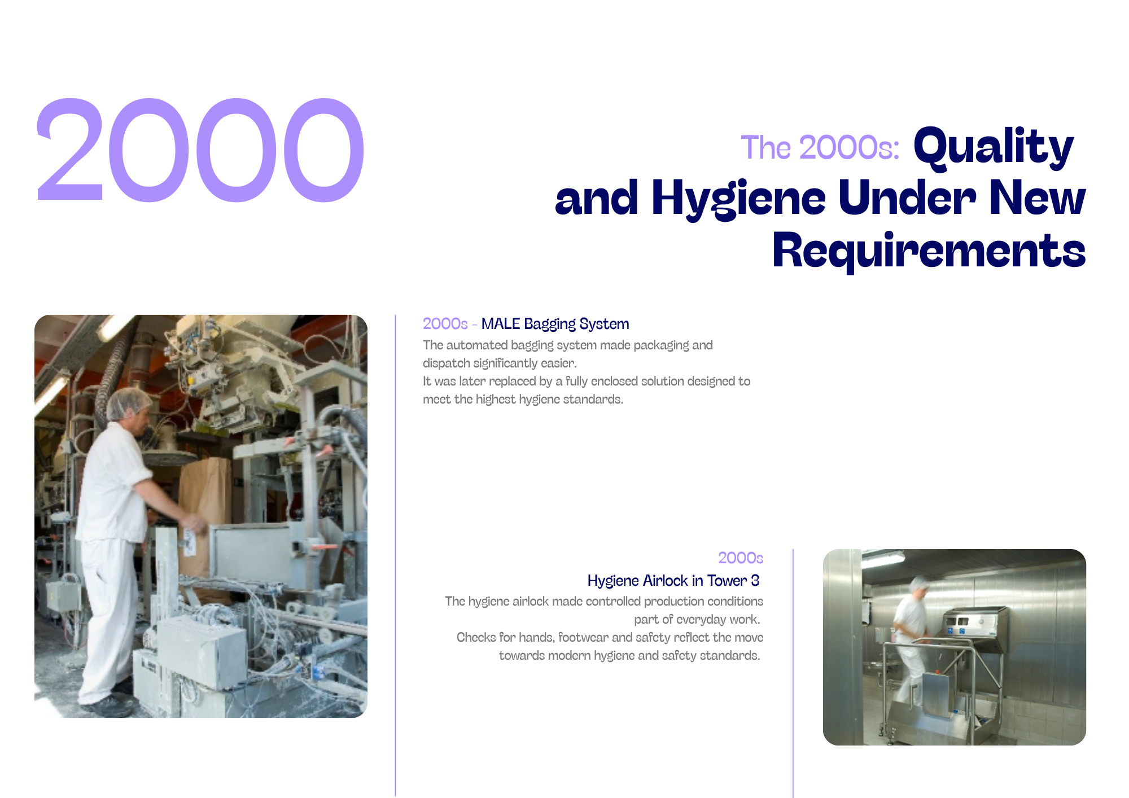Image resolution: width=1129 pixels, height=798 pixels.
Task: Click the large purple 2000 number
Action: point(200,150)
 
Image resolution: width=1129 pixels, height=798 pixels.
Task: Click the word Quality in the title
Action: point(994,148)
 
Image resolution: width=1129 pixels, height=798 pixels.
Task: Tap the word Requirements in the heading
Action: point(929,251)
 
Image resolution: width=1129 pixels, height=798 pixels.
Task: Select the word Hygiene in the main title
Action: point(738,199)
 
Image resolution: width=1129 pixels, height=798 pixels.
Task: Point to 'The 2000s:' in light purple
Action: point(820,148)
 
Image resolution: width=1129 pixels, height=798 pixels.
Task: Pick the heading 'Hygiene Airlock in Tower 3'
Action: point(673,581)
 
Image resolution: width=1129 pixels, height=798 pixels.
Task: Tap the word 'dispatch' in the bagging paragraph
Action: point(446,363)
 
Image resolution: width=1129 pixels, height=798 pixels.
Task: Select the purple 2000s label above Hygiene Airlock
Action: point(741,558)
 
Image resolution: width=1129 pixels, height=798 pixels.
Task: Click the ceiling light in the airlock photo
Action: point(883,559)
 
